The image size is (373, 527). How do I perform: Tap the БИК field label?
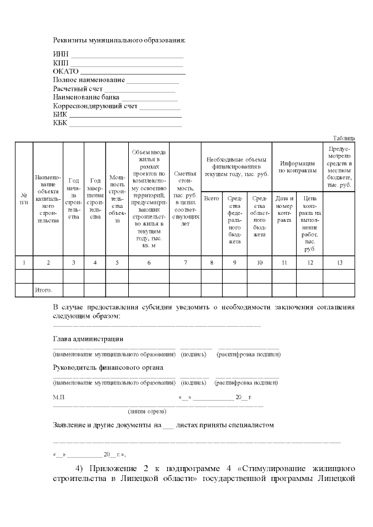point(61,115)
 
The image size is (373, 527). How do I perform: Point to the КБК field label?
point(61,123)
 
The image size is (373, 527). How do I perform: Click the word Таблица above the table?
point(343,138)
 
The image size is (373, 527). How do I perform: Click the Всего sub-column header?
point(212,199)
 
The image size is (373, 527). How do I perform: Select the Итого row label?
point(44,289)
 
